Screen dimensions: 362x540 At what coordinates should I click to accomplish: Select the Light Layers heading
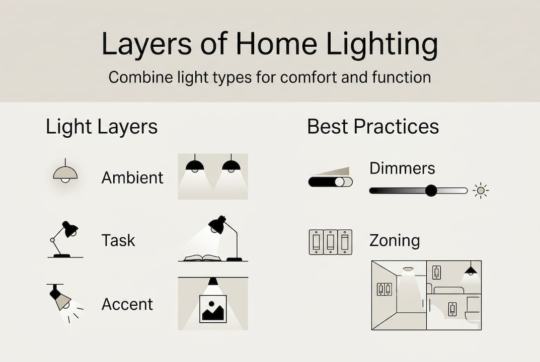(102, 127)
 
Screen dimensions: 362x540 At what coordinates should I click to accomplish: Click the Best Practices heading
(373, 127)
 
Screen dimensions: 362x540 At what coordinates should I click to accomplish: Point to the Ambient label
(132, 177)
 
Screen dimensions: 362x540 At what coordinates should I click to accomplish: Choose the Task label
(118, 240)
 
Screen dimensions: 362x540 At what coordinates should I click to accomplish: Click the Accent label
(127, 304)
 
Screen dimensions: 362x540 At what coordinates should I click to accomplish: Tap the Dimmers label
(402, 168)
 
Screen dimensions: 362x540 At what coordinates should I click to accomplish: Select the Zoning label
(394, 240)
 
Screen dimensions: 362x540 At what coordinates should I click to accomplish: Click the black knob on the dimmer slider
(431, 191)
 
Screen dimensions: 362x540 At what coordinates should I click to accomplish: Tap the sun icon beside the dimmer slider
(481, 191)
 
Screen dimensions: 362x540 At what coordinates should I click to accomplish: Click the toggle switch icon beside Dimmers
(330, 178)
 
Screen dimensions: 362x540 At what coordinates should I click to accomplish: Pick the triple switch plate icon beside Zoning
(330, 242)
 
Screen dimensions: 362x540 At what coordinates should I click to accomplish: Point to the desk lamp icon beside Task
(65, 239)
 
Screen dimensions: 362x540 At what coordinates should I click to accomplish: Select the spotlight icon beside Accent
(63, 302)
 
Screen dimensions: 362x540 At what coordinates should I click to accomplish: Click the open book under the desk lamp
(202, 257)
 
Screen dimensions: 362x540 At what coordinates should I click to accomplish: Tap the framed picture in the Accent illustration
(213, 308)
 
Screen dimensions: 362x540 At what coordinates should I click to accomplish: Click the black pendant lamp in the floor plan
(471, 270)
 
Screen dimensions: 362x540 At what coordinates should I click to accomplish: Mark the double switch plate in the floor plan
(384, 289)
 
